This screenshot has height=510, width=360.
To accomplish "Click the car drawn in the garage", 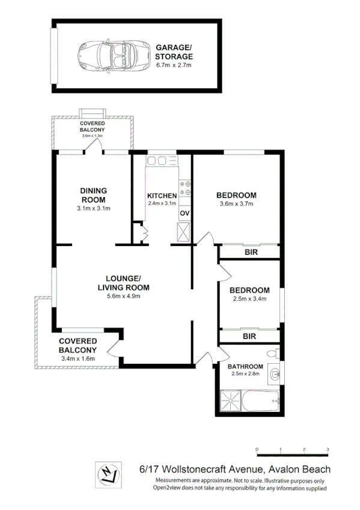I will pyautogui.click(x=109, y=55).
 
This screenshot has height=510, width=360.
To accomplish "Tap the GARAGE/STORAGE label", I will pyautogui.click(x=175, y=51).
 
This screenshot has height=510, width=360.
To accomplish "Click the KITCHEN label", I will pyautogui.click(x=162, y=195).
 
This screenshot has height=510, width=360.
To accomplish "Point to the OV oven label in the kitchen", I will pyautogui.click(x=185, y=213).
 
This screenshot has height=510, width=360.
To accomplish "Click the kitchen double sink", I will pyautogui.click(x=160, y=161).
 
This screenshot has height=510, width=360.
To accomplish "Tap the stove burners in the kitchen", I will pyautogui.click(x=185, y=188).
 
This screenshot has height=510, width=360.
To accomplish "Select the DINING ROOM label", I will pyautogui.click(x=93, y=195).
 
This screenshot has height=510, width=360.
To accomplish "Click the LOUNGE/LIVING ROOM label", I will pyautogui.click(x=123, y=283).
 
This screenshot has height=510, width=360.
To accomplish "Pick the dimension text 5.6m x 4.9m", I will pyautogui.click(x=123, y=296).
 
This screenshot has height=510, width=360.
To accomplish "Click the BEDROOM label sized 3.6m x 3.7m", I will pyautogui.click(x=236, y=195).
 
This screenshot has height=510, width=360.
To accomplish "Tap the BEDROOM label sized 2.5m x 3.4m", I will pyautogui.click(x=250, y=290).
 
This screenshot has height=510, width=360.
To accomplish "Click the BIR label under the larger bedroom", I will pyautogui.click(x=251, y=253).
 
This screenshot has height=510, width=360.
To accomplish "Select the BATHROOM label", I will pyautogui.click(x=245, y=366).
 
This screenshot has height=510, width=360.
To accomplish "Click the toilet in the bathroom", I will pyautogui.click(x=272, y=352).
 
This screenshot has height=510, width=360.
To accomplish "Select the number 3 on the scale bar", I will pyautogui.click(x=328, y=449).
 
